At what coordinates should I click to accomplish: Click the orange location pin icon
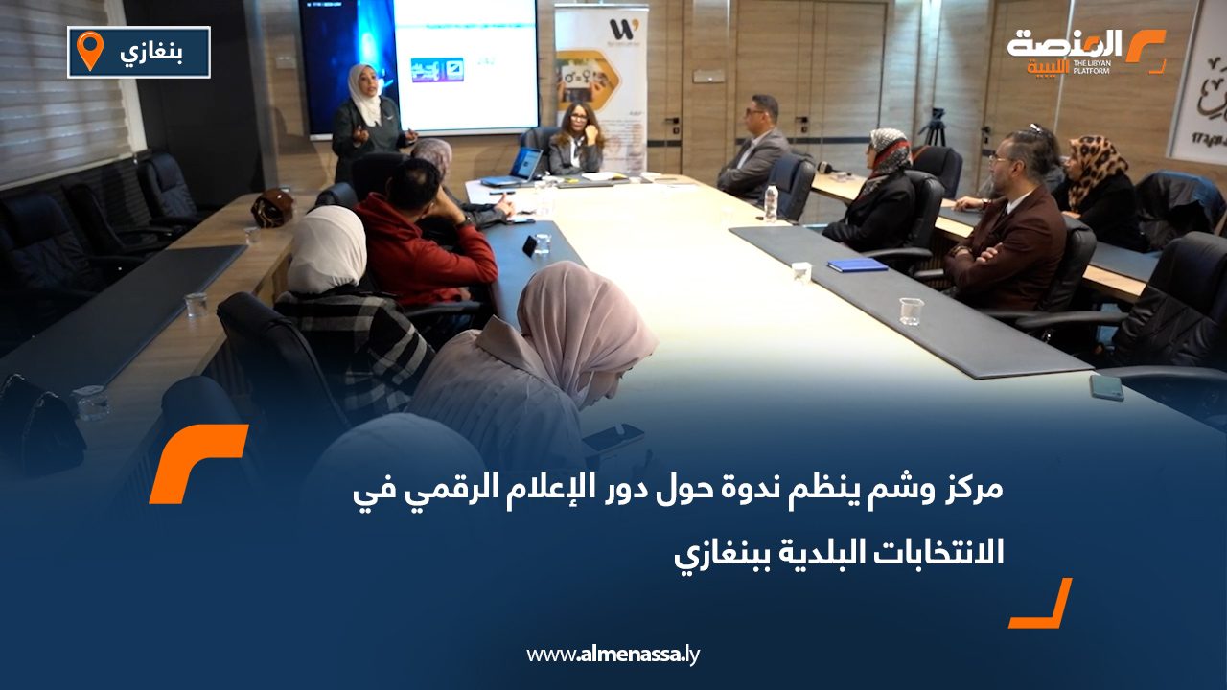(x=89, y=50)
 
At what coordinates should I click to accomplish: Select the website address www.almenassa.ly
(x=613, y=655)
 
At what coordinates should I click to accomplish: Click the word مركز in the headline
(x=971, y=491)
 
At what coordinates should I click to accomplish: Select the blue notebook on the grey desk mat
(x=857, y=264)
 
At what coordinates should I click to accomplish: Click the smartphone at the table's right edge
(x=1106, y=386)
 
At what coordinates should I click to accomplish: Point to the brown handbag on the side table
(x=272, y=208)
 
